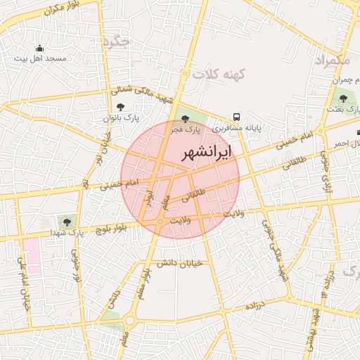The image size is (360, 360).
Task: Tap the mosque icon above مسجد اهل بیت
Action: click(x=39, y=49)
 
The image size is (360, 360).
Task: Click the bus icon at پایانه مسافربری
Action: click(x=236, y=117)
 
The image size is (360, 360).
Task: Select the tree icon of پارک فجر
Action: click(x=185, y=120)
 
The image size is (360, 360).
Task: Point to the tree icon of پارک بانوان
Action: click(x=121, y=107)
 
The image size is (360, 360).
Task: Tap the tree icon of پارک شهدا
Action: click(x=68, y=220)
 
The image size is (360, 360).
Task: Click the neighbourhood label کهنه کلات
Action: click(x=218, y=74)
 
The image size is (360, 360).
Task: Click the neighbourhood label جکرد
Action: click(x=116, y=43)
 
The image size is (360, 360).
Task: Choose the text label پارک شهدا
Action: click(x=67, y=232)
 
